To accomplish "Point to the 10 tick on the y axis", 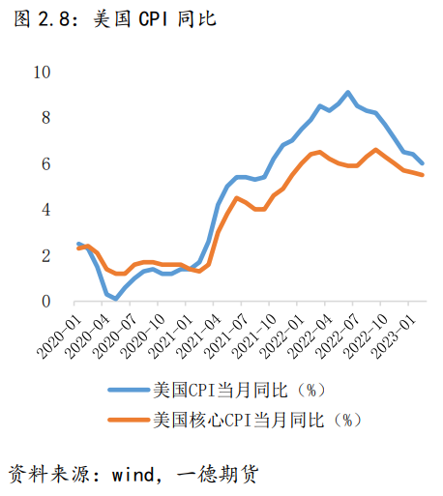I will (x=41, y=73).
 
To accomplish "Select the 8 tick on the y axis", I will (x=44, y=118).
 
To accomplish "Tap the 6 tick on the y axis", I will (x=44, y=164).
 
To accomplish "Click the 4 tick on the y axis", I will (x=44, y=210).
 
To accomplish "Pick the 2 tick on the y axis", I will (x=44, y=256).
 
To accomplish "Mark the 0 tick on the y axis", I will (x=44, y=302).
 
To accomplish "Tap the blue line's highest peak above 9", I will (x=347, y=93).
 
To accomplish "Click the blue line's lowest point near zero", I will (x=116, y=299).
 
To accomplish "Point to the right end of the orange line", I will (x=423, y=175).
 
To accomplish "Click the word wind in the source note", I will (x=133, y=473).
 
